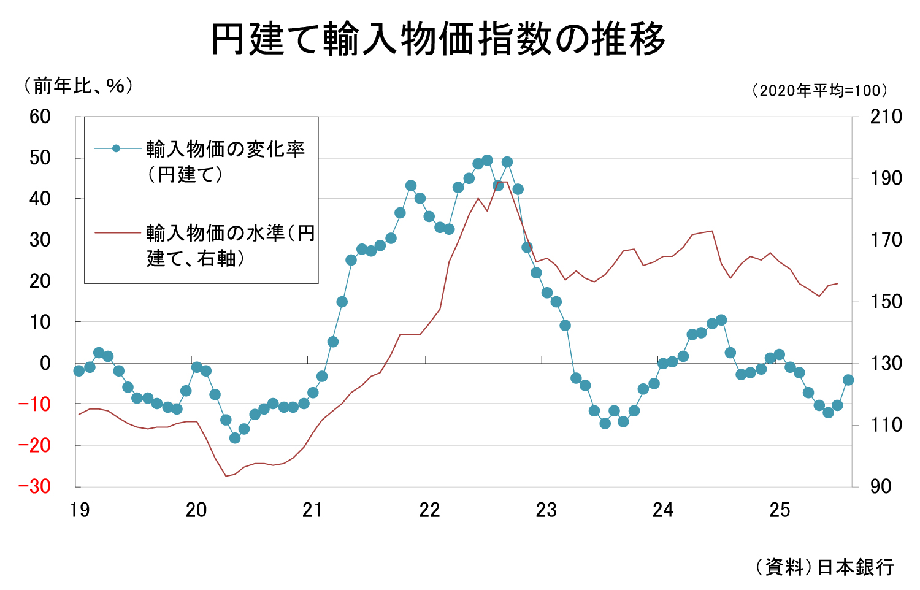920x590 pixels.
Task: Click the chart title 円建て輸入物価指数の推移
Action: pyautogui.click(x=438, y=40)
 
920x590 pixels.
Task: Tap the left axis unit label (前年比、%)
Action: pyautogui.click(x=77, y=86)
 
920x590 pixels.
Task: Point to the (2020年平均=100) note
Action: pyautogui.click(x=819, y=91)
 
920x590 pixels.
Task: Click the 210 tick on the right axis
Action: pyautogui.click(x=886, y=117)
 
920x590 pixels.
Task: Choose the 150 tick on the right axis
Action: pyautogui.click(x=886, y=302)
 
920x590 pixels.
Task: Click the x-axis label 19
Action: pyautogui.click(x=80, y=510)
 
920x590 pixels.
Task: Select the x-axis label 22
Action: pyautogui.click(x=429, y=510)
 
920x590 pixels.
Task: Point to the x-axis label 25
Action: pyautogui.click(x=780, y=510)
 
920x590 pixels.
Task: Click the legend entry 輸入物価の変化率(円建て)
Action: pyautogui.click(x=225, y=161)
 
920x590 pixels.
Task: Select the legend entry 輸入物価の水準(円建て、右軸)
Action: pyautogui.click(x=230, y=245)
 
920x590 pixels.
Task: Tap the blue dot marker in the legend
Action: pyautogui.click(x=116, y=148)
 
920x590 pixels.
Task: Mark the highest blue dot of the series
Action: pyautogui.click(x=487, y=160)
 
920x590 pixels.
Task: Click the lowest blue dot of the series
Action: pyautogui.click(x=235, y=438)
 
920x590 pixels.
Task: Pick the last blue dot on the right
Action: pyautogui.click(x=848, y=380)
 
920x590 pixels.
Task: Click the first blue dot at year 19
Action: pyautogui.click(x=79, y=370)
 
